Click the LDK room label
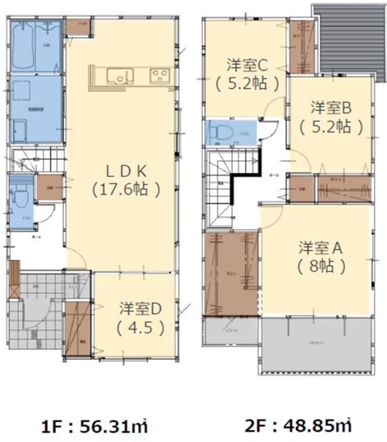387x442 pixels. pos(126,170)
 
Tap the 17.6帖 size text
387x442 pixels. pos(126,188)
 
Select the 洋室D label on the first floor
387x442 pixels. pos(140,308)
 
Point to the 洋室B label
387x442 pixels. pos(330,108)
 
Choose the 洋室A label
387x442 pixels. pos(321,247)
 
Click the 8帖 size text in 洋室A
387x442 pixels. pos(321,265)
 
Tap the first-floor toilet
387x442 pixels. pos(21,198)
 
